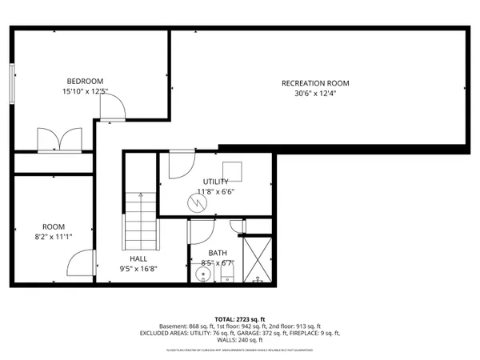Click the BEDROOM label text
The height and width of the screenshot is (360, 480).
[85, 81]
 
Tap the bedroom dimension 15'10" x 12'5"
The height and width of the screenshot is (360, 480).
[85, 91]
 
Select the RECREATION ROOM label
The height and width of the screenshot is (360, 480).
[315, 83]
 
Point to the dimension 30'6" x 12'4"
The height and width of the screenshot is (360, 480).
[315, 94]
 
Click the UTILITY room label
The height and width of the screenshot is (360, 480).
[215, 182]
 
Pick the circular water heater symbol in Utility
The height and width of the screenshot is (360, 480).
[197, 203]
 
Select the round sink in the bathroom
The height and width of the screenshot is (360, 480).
[203, 275]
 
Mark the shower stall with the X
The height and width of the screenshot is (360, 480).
[258, 260]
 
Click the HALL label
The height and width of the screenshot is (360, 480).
[138, 259]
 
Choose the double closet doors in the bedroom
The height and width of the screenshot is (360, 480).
[58, 139]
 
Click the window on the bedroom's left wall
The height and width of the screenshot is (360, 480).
[12, 82]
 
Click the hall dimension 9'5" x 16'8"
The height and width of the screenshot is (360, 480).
[138, 269]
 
